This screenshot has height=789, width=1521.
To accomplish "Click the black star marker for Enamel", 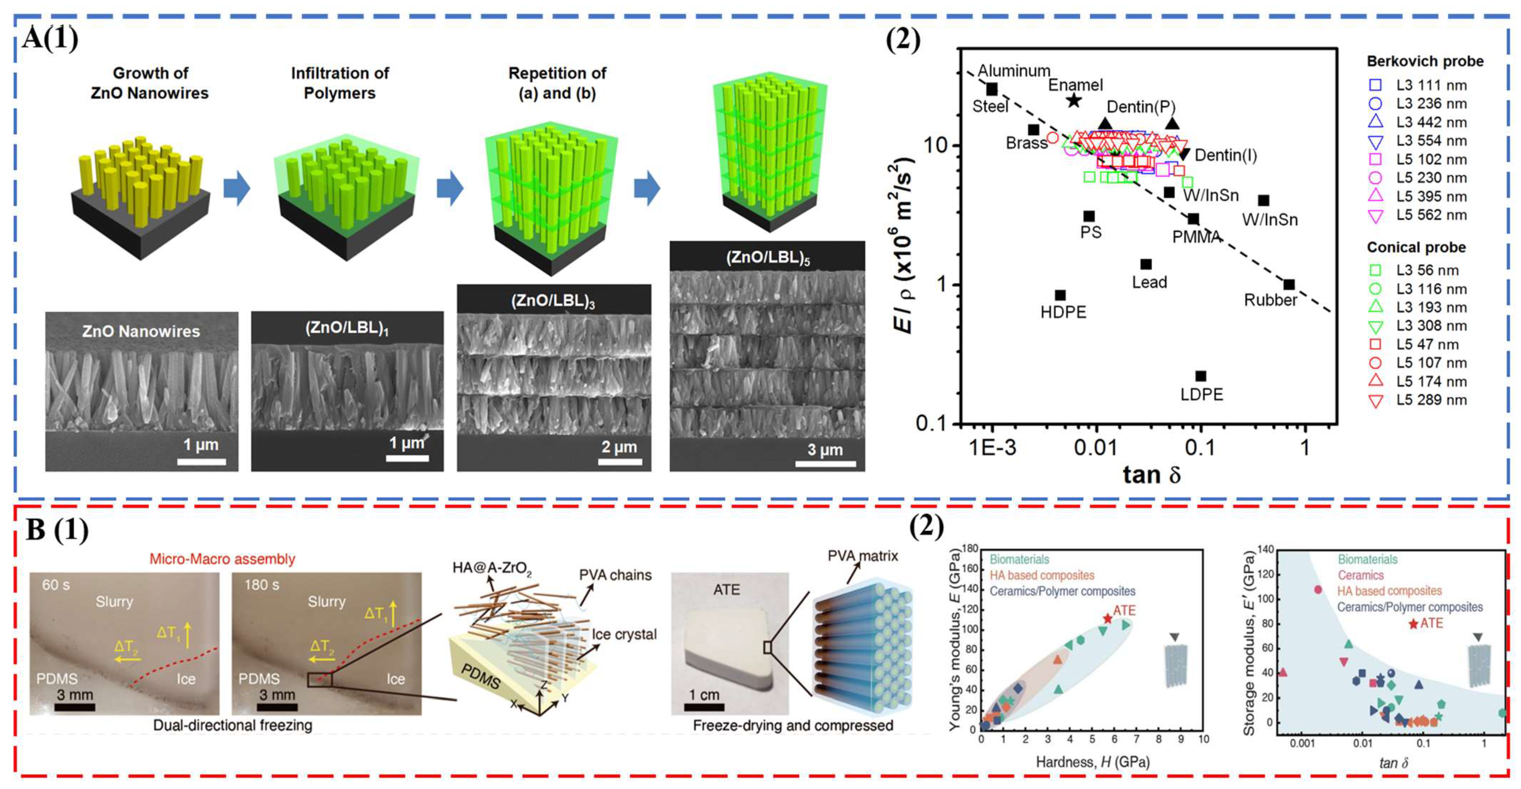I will point(1073,100).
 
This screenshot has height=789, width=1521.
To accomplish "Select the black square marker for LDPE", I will point(1200,376).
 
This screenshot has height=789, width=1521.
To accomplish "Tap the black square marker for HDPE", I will point(1060,295).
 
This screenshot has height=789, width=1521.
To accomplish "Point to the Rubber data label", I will point(1271,300).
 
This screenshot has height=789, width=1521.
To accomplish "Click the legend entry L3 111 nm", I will point(1431,85).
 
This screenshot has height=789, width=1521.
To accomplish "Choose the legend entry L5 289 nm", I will point(1431,400).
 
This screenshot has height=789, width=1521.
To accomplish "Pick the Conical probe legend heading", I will point(1416,247).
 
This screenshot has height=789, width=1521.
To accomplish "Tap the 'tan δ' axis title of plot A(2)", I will point(1151,474).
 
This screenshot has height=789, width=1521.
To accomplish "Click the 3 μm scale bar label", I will point(825,450).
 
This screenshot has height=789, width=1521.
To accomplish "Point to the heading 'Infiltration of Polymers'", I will point(340,83).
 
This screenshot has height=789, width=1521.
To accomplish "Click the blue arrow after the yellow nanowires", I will point(237,189).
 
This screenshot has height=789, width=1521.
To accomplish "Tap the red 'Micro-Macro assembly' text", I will point(222,559).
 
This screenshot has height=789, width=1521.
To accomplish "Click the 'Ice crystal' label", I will point(624,635).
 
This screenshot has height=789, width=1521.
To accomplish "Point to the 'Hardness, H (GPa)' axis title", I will point(1092,762).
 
